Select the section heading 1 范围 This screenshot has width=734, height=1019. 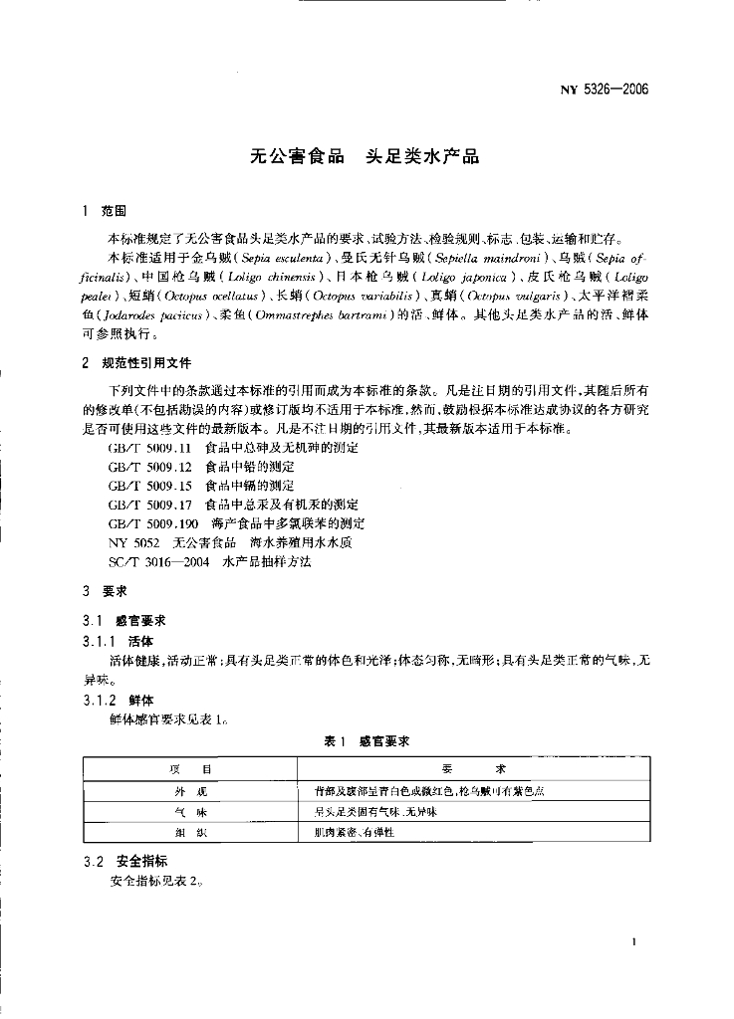coord(105,212)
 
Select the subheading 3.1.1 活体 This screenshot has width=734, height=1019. coord(118,640)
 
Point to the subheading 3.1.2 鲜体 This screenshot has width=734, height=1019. coord(118,700)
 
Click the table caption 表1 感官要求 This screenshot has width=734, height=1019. coord(367,741)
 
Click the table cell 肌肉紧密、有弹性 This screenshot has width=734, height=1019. coord(355,832)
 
